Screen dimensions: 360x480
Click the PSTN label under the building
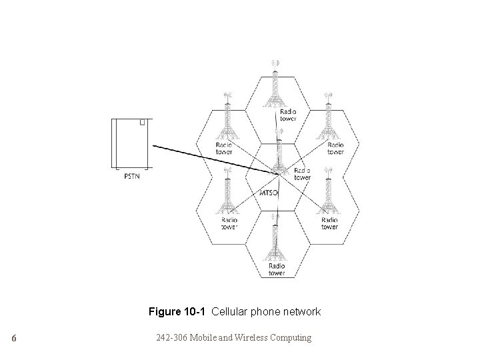point(132,177)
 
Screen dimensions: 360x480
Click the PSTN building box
point(131,144)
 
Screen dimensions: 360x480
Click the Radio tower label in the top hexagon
point(289,115)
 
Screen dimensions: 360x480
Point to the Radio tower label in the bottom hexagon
point(276,269)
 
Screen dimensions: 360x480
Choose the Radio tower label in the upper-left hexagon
point(225,148)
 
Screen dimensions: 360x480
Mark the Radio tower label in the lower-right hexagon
point(329,223)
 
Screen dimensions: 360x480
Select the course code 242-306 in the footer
point(172,338)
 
